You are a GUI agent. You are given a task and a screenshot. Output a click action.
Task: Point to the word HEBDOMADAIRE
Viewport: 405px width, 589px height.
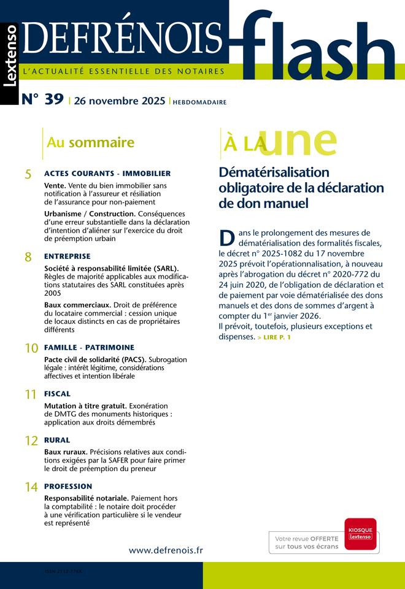coord(199,102)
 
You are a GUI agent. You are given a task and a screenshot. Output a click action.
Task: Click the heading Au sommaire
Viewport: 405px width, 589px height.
coord(90,143)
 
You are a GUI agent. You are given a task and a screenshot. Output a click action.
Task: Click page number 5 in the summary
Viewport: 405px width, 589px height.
coord(28,174)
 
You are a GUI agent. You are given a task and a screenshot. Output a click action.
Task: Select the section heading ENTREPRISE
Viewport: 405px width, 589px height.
coord(67,256)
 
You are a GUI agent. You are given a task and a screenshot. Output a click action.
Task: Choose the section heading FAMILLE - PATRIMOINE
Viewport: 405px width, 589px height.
coord(89,347)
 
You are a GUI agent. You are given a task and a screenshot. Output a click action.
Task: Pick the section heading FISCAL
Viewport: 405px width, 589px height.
coord(57,394)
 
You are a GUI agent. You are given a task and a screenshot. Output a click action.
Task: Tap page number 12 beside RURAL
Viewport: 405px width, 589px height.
coord(31,441)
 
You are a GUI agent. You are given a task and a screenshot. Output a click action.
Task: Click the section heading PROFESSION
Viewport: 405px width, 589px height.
coord(68,487)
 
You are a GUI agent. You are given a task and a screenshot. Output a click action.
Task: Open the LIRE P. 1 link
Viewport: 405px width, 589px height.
coord(274,337)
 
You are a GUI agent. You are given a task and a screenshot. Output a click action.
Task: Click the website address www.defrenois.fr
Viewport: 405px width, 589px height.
coord(166,550)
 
